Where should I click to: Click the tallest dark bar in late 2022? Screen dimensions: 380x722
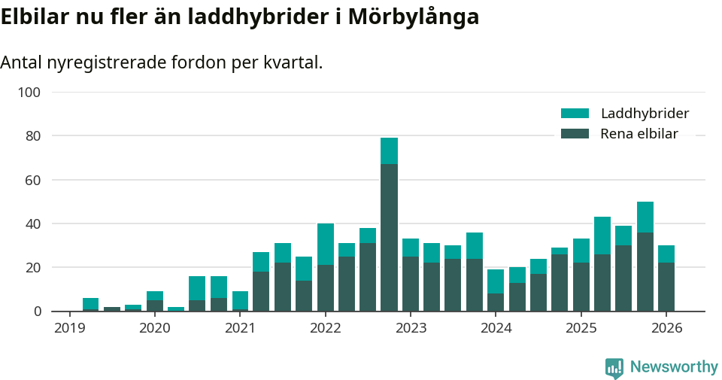[x=389, y=237]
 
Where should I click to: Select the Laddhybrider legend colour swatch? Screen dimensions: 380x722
[x=575, y=114]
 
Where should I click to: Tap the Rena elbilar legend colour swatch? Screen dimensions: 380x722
[x=575, y=134]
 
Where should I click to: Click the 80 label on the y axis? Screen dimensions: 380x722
[x=32, y=136]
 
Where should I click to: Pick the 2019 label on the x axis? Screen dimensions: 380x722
[x=69, y=328]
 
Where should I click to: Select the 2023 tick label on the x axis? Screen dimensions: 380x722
[x=411, y=328]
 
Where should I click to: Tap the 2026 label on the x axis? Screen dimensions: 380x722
[x=666, y=328]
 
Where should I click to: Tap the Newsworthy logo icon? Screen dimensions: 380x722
[x=614, y=367]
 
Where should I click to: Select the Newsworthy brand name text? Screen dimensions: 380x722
[x=674, y=367]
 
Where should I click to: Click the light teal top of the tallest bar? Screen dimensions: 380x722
[x=389, y=150]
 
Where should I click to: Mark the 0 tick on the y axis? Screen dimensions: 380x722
[x=36, y=311]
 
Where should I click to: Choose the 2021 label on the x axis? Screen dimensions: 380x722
[x=240, y=328]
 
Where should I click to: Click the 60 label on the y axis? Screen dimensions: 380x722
[x=32, y=180]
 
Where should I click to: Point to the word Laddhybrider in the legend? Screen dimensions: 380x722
[x=645, y=114]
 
